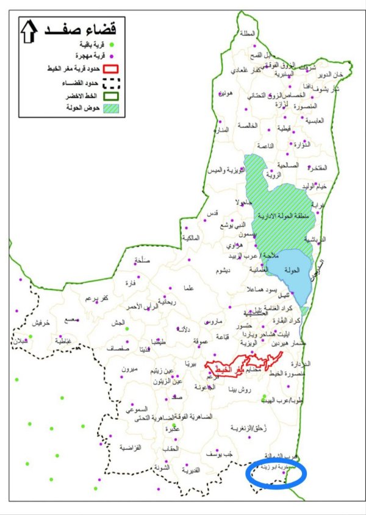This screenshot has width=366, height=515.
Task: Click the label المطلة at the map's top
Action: tap(248, 34)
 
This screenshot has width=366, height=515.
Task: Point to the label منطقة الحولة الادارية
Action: tap(282, 216)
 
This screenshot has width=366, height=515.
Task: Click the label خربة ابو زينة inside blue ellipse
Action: tap(278, 467)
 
